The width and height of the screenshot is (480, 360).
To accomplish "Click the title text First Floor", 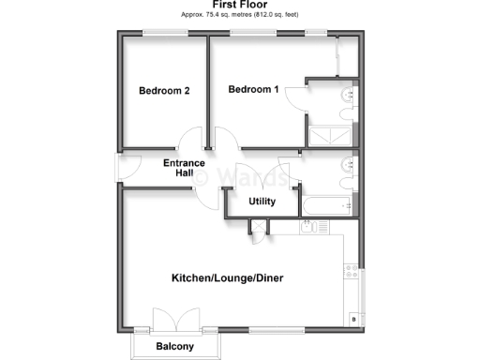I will point(240,5).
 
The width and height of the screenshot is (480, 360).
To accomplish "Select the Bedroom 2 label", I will point(164,91).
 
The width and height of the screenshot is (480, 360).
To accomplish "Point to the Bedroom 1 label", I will point(254,89).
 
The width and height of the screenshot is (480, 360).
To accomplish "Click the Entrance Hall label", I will point(184,169).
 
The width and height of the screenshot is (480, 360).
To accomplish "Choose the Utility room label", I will point(262,202).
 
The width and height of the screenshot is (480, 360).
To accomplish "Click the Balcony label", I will point(175,348).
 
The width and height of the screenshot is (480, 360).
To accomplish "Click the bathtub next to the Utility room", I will point(323,203).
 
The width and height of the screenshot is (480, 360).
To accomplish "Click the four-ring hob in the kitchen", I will point(352,275).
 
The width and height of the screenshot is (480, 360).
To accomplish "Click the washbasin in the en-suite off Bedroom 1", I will point(350,95).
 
